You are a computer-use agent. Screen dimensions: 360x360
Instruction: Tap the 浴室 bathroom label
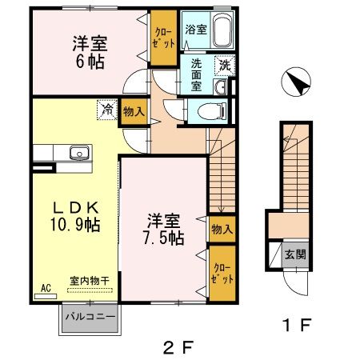click(195, 30)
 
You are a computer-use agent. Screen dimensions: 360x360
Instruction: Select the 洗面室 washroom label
click(196, 74)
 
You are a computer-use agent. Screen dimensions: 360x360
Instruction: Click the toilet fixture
click(210, 111)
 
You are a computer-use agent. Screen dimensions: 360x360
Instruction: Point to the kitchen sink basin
click(79, 153)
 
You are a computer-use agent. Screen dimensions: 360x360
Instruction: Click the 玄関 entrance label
click(295, 255)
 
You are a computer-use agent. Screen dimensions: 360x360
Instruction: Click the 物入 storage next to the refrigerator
click(134, 113)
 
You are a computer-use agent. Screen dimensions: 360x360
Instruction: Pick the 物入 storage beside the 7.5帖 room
click(222, 230)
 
